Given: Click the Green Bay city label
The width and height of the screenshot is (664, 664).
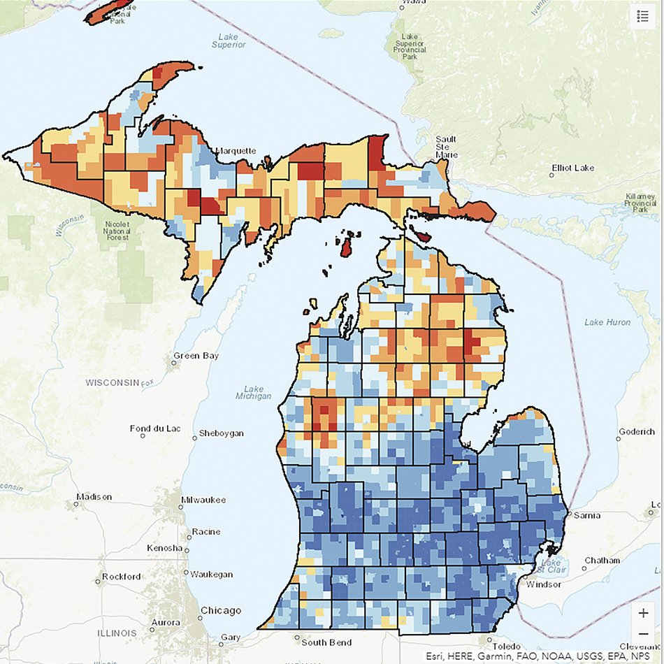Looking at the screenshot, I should click(x=196, y=356).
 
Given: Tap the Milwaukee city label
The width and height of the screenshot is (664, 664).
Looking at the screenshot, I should click(x=204, y=500).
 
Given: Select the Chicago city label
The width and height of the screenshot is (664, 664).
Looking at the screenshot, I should click(x=220, y=610).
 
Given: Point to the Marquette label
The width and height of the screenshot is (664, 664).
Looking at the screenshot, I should click(x=236, y=151).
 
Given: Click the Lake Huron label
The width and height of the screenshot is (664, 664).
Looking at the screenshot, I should click(x=607, y=322).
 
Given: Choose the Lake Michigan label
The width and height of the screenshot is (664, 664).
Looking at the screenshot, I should click(x=253, y=393).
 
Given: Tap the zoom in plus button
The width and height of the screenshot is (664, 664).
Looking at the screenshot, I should click(x=643, y=612).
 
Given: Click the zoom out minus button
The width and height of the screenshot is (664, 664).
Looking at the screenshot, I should click(x=643, y=634).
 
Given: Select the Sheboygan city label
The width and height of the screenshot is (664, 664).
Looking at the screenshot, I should click(x=221, y=433).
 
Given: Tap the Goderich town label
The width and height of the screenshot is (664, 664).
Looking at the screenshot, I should click(x=637, y=432).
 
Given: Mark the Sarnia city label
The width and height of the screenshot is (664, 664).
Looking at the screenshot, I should click(x=586, y=516).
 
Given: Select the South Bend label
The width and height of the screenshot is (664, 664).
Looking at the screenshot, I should click(x=324, y=642).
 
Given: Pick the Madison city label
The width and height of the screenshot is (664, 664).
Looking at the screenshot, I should click(x=94, y=497).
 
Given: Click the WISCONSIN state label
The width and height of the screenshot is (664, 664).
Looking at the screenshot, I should click(x=113, y=383).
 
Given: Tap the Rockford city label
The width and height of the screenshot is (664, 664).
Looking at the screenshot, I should click(x=120, y=577).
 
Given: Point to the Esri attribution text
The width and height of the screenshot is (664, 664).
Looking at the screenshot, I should click(x=542, y=656).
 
